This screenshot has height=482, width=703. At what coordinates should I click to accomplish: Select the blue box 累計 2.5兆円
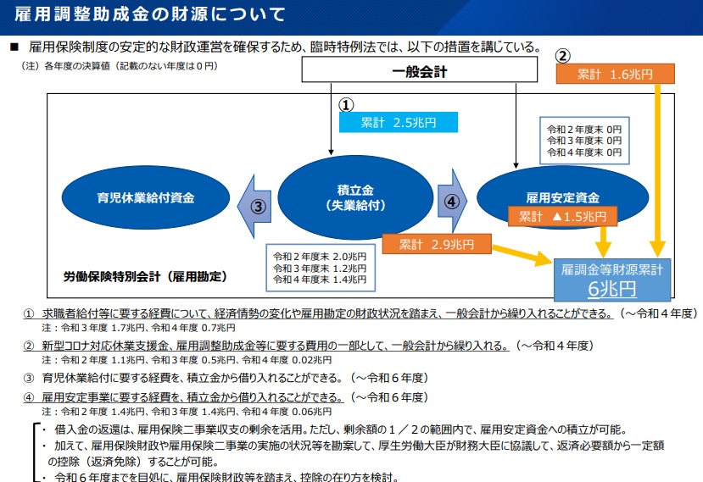397,123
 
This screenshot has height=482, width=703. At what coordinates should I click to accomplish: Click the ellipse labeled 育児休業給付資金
145,198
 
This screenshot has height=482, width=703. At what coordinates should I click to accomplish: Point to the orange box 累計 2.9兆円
437,245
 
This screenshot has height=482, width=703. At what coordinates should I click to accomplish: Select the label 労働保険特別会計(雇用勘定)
145,276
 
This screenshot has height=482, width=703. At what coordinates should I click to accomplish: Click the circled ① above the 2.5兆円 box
346,104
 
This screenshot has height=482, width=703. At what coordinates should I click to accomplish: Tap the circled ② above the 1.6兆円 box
562,56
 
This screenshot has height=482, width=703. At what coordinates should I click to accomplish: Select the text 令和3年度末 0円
584,141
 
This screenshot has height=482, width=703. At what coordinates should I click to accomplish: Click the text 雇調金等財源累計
612,269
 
